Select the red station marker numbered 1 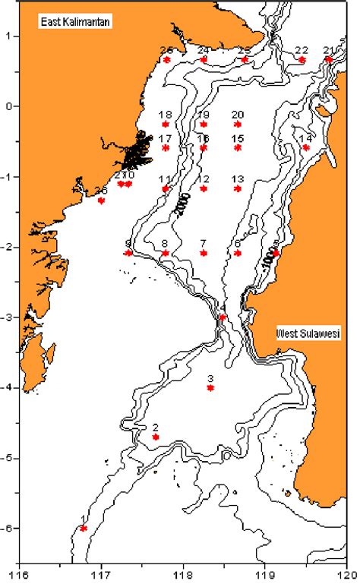point(84,528)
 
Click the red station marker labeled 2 point(156,437)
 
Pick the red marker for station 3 point(210,387)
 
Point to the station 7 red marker point(203,253)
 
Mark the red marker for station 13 point(238,188)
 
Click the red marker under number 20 point(238,124)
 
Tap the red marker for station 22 point(302,59)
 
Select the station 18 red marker point(166,124)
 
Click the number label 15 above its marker point(238,138)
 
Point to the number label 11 point(165,179)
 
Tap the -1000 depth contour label point(268,259)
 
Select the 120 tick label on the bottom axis point(348,574)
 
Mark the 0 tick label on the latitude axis point(10,106)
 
